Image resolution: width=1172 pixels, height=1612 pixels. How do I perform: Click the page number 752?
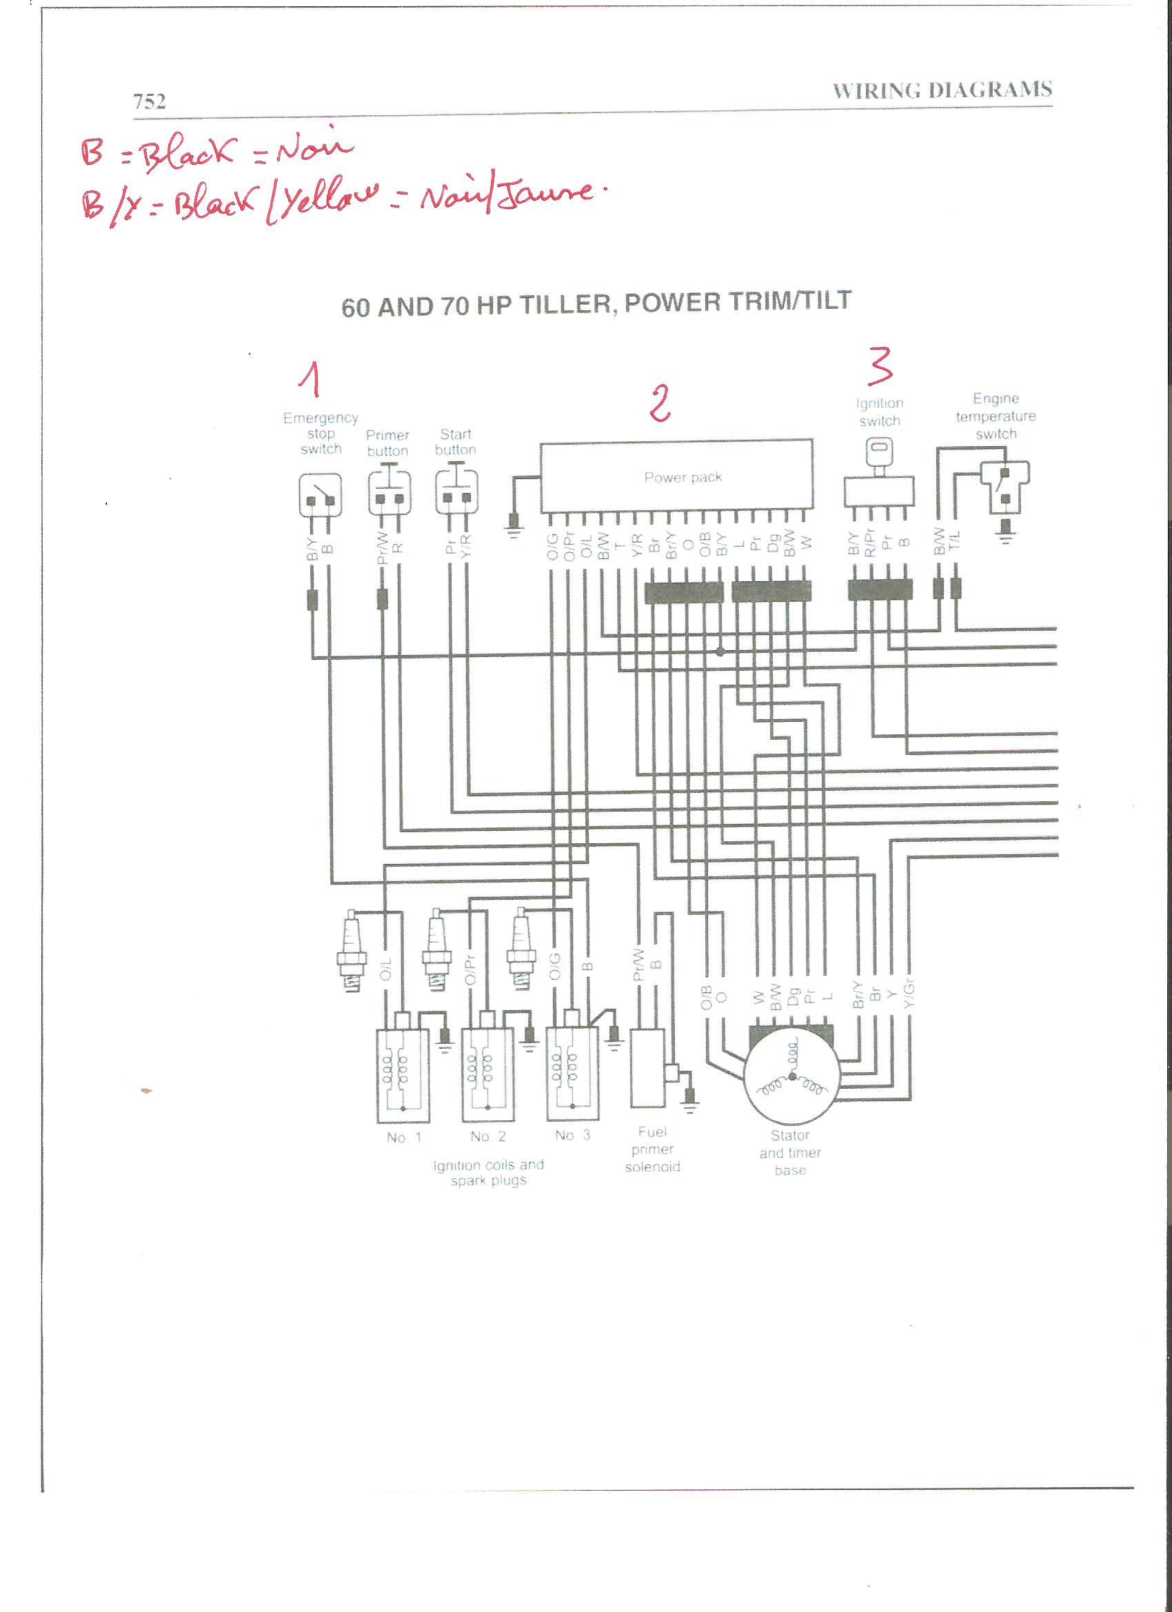149,101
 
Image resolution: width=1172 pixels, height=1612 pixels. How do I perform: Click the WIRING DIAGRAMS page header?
942,90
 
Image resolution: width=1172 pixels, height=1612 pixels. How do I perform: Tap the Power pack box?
676,476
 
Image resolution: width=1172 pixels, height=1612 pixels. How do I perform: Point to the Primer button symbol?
389,492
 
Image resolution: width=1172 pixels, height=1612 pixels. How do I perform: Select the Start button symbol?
456,491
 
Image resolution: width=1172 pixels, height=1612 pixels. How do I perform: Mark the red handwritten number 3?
880,366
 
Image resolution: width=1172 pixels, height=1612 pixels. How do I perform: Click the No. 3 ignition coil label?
572,1135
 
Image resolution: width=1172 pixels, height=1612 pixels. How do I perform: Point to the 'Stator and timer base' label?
789,1152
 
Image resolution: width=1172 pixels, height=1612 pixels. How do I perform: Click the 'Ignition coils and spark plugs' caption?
488,1172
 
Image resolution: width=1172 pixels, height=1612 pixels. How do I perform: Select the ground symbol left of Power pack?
512,523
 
